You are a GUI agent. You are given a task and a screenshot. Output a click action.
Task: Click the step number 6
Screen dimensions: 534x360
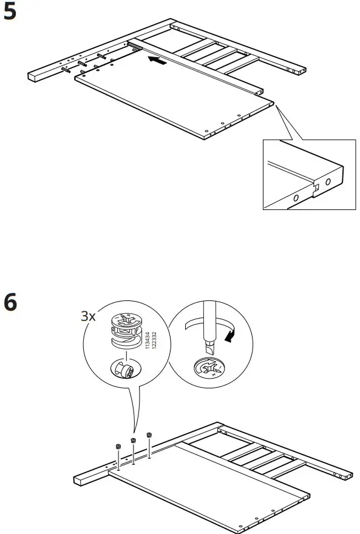point(12,302)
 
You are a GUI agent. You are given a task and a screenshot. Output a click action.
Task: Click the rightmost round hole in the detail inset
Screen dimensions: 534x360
point(328,181)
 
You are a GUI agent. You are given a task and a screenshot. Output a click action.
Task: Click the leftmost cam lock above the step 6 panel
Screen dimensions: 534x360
point(117,447)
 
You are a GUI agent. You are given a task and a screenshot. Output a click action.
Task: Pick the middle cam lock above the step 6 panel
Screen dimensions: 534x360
point(133,440)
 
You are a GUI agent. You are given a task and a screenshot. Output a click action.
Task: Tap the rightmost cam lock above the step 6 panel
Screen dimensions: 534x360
point(149,434)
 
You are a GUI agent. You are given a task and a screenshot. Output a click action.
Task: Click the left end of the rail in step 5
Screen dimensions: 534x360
point(33,76)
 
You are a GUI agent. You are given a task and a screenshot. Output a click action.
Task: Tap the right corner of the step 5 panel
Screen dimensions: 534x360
point(271,104)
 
